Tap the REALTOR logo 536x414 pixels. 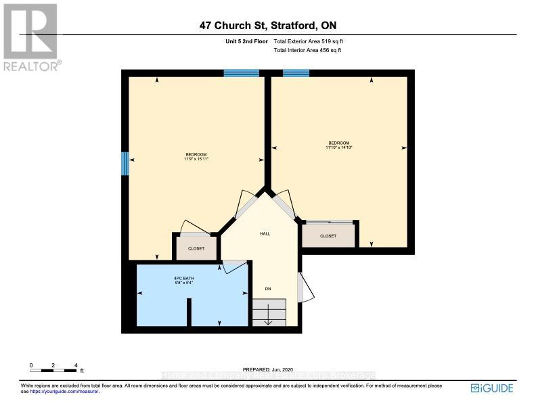30,37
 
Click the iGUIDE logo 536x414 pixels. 492,388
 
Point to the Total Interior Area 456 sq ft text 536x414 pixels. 307,50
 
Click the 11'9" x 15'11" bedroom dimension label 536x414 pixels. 196,160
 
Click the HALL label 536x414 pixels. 265,233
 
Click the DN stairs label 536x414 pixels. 268,289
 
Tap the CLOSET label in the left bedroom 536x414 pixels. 196,248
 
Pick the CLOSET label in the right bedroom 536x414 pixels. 328,236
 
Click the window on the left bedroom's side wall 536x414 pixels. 125,163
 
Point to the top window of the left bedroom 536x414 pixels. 241,73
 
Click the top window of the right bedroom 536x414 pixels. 296,73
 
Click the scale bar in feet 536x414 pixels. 53,369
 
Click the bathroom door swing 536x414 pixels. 235,266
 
